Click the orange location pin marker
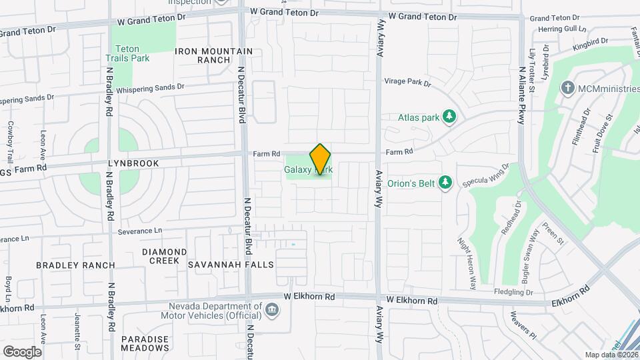click(320, 159)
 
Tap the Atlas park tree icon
click(450, 117)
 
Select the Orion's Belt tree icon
click(446, 182)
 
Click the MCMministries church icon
click(567, 87)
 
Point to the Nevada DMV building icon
click(271, 309)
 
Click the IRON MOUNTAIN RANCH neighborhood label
click(214, 55)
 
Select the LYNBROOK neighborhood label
click(134, 163)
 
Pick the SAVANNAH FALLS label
click(231, 265)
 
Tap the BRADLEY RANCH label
click(75, 265)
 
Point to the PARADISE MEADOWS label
click(145, 343)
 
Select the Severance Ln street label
click(140, 231)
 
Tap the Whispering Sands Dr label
click(150, 87)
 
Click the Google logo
click(22, 351)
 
